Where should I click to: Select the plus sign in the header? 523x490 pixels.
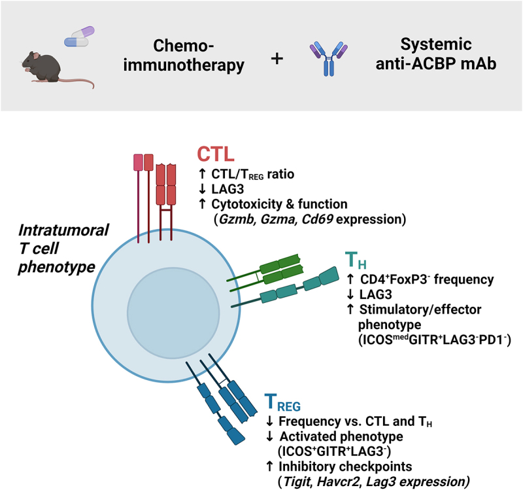(278, 58)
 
